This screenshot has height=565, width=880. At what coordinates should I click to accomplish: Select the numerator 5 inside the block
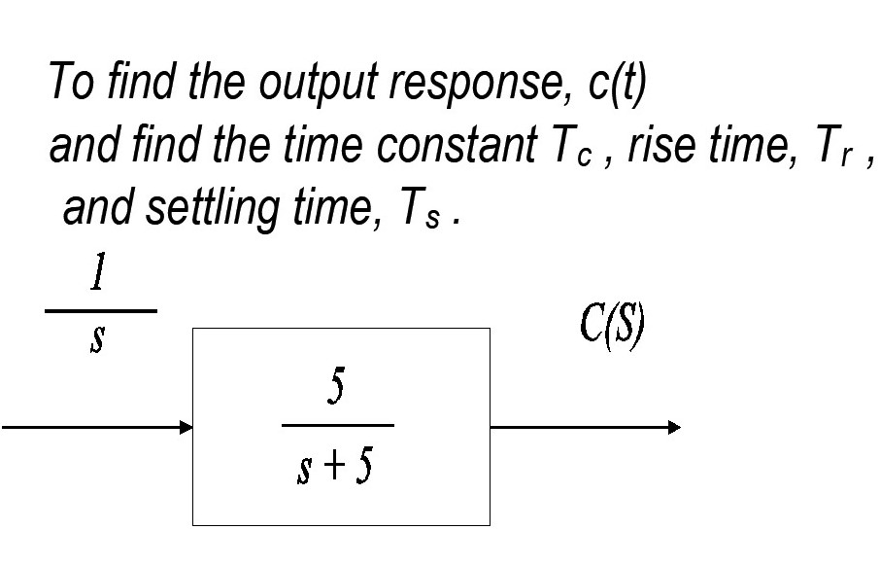(x=336, y=390)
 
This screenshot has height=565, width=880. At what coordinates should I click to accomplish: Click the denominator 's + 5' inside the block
(x=337, y=468)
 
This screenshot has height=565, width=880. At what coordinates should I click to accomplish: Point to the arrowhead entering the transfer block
(x=186, y=427)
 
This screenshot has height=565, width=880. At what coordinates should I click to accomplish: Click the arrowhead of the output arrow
(x=673, y=427)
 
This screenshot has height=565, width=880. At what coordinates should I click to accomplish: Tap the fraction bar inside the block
(x=337, y=425)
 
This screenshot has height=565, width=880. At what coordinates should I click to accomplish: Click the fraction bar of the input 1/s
(x=100, y=311)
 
